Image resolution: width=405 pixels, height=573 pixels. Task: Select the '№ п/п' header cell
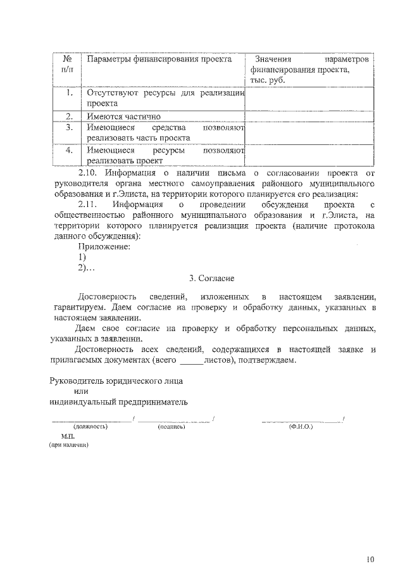[66, 64]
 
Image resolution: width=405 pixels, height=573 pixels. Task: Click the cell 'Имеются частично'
[124, 116]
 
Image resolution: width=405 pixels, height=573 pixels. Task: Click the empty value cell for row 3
[308, 134]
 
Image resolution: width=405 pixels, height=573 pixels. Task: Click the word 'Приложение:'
[104, 246]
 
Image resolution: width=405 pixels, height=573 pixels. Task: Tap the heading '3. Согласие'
[212, 279]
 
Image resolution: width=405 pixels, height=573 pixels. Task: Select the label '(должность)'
[90, 427]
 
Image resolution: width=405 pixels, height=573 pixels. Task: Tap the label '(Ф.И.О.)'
[301, 427]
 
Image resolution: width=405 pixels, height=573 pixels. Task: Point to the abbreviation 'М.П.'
[68, 437]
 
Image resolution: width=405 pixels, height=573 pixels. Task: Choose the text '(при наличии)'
[69, 445]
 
